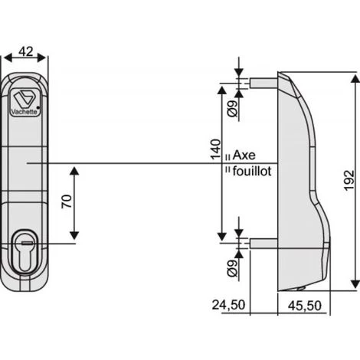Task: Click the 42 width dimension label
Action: click(x=26, y=52)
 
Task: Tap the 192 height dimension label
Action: click(x=349, y=180)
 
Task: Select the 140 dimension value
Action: click(x=215, y=149)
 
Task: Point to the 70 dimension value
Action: click(x=67, y=201)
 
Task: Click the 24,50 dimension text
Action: click(x=228, y=305)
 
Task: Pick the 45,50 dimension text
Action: click(x=305, y=306)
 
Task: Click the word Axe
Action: click(x=244, y=155)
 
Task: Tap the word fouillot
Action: click(x=252, y=171)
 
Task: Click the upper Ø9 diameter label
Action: click(x=232, y=109)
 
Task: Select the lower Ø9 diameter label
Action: click(x=232, y=269)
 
